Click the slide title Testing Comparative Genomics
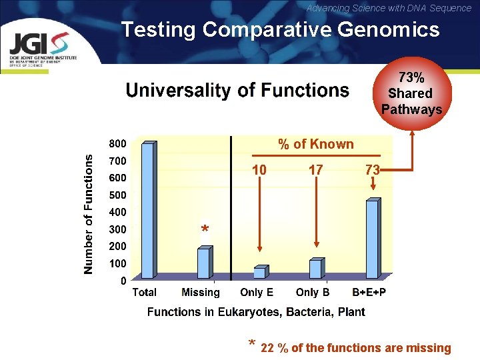(x=280, y=29)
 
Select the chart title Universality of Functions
(x=237, y=91)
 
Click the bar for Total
(x=149, y=210)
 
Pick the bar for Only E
(x=259, y=271)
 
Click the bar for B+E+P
(x=371, y=239)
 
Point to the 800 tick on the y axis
(x=118, y=143)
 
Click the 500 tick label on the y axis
(x=118, y=195)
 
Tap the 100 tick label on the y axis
(x=118, y=263)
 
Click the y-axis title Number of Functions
(x=89, y=213)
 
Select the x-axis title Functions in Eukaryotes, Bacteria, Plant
(x=256, y=312)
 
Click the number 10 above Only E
(x=259, y=171)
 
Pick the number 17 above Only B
(x=315, y=171)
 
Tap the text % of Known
(x=315, y=144)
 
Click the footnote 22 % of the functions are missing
(x=355, y=348)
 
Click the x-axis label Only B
(x=313, y=292)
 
